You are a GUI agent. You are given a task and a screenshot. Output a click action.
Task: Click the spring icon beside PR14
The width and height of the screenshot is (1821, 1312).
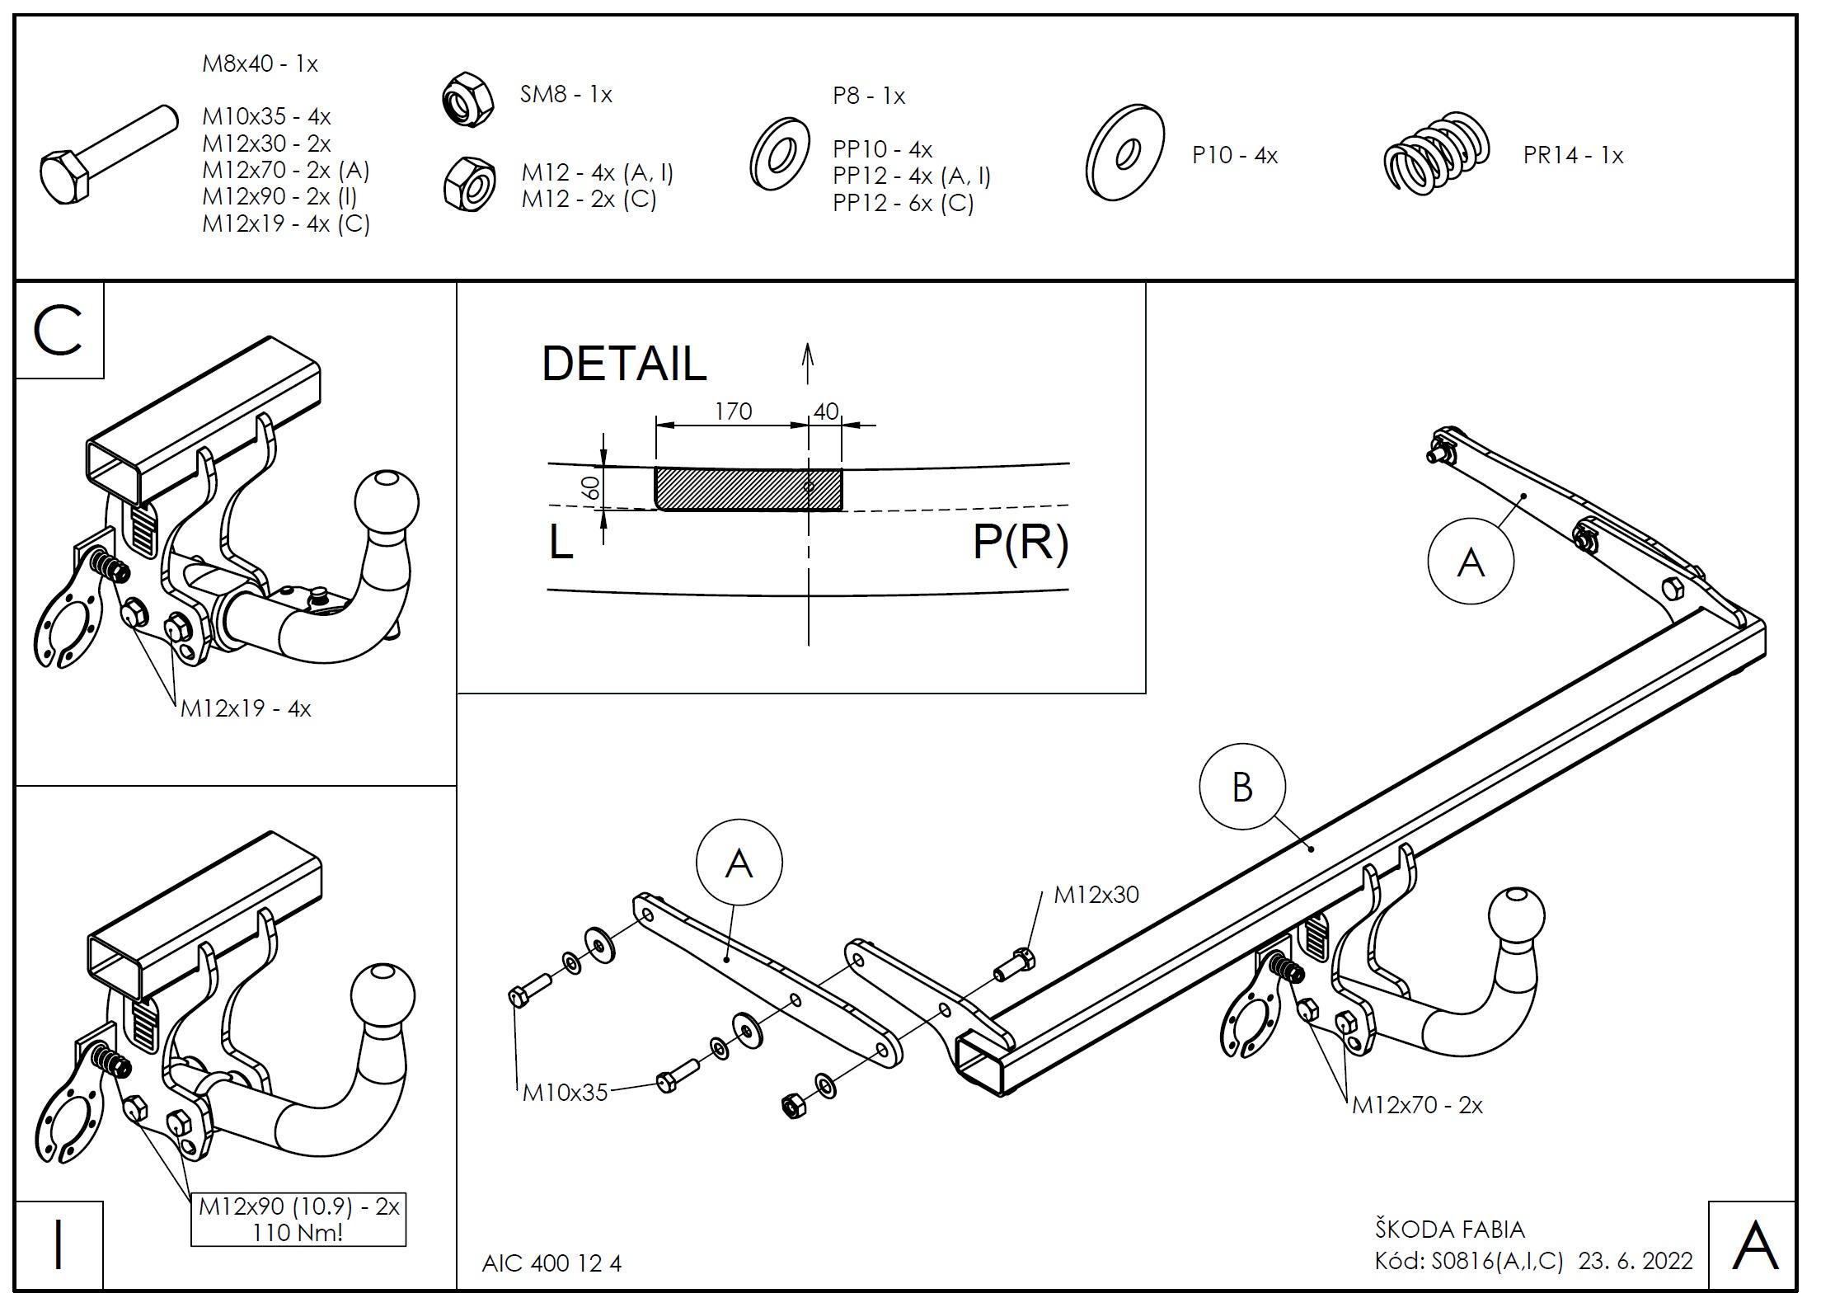tap(1436, 155)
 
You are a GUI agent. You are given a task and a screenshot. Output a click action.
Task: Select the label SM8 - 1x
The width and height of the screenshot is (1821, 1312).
tap(566, 94)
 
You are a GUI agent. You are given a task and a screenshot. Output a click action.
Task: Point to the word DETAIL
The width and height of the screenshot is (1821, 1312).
tap(624, 364)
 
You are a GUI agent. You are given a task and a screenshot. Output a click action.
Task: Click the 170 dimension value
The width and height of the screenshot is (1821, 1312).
tap(733, 411)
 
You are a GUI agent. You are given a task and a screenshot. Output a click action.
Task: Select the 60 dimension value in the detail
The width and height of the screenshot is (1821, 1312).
tap(590, 488)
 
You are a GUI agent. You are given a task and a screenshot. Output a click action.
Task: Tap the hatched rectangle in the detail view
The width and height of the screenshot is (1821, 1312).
tap(748, 489)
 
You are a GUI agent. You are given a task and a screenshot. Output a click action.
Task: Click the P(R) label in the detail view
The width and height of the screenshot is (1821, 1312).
tap(1020, 542)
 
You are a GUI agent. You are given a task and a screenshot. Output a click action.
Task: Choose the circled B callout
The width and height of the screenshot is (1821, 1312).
tap(1241, 787)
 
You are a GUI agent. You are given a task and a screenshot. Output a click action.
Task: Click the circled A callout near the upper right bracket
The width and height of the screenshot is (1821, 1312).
tap(1470, 563)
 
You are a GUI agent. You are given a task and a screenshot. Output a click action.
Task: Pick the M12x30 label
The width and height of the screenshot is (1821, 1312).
tap(1096, 895)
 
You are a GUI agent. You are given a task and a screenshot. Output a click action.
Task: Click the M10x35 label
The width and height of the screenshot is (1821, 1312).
tap(565, 1093)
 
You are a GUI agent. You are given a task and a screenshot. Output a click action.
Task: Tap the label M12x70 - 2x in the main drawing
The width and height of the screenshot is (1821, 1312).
tap(1417, 1105)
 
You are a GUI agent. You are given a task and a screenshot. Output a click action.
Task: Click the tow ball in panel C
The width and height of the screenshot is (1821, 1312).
tap(386, 501)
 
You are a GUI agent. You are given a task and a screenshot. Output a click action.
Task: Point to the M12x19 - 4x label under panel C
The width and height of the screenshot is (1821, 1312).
tap(246, 708)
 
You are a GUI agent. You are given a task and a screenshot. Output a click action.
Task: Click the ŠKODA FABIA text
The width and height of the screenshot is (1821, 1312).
tap(1449, 1230)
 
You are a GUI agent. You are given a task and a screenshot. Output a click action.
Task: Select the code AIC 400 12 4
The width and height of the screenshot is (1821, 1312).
tap(551, 1263)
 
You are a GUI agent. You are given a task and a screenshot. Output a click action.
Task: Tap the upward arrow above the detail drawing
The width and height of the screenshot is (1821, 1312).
tap(808, 364)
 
